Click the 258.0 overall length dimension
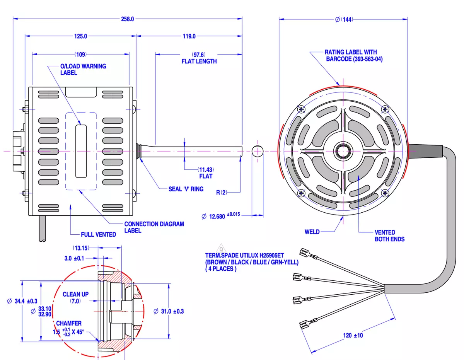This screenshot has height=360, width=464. (x=128, y=19)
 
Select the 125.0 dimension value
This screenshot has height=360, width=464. (x=80, y=36)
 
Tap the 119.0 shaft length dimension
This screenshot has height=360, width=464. (x=189, y=36)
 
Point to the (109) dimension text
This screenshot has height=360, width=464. (x=80, y=55)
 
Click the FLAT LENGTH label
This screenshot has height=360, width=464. (x=199, y=61)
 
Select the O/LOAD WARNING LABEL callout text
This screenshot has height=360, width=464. (x=83, y=69)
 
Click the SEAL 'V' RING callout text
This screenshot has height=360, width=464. (x=186, y=189)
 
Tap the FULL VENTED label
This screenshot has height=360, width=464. (x=99, y=234)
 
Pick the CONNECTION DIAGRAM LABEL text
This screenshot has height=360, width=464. (x=154, y=227)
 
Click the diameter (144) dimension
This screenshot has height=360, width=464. (x=344, y=20)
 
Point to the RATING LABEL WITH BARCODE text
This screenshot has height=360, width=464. (x=353, y=56)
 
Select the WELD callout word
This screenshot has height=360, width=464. (x=312, y=232)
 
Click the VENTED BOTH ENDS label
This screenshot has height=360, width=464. (x=389, y=236)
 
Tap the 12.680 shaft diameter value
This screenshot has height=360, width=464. (x=217, y=217)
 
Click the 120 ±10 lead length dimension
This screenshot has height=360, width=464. (x=353, y=335)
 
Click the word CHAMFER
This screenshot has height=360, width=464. (x=69, y=323)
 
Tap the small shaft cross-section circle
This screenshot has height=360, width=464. (x=258, y=151)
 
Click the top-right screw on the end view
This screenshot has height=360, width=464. (x=385, y=109)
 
